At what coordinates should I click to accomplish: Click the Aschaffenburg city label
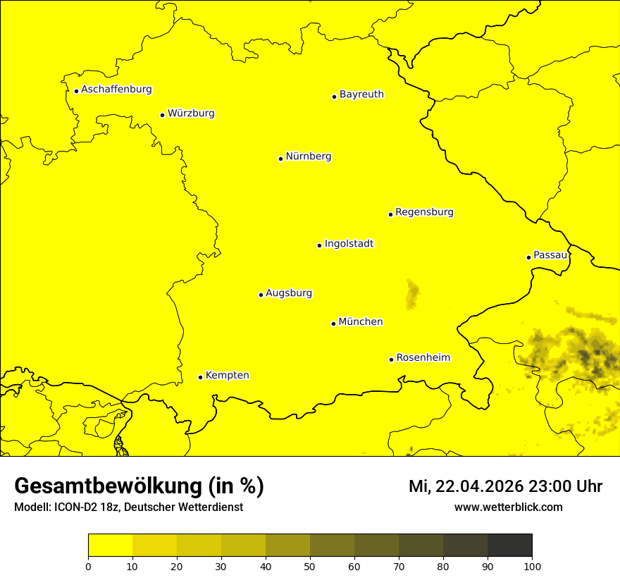coord(116,90)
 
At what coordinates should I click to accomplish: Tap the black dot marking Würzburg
coord(162,115)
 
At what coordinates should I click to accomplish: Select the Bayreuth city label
coord(361,94)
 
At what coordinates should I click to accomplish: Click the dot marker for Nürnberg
coord(280,159)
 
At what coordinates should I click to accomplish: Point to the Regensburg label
coord(424,212)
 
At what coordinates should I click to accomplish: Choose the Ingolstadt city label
coord(349,244)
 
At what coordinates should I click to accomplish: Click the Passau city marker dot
coord(528,257)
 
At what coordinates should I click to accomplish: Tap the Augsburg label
coord(289,293)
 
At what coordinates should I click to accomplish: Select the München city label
coord(361,322)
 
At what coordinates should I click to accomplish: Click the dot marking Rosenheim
coord(391,359)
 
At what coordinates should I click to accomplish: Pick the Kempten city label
coord(227,376)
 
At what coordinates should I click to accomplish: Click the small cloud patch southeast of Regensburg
coord(412,294)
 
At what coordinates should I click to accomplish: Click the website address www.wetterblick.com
coord(508,507)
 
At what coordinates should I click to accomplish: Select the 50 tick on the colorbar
coord(310,566)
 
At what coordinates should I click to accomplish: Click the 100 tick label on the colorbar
coord(532,566)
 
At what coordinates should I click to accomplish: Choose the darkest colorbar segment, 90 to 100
coord(509,546)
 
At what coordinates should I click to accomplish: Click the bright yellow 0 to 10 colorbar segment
coord(110,546)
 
